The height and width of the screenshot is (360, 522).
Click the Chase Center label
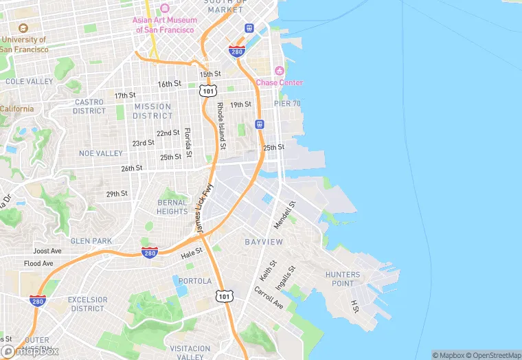pos(279,82)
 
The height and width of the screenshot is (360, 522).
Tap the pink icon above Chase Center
pos(280,71)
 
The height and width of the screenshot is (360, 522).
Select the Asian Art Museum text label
pos(165,25)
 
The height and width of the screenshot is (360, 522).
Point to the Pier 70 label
pos(288,103)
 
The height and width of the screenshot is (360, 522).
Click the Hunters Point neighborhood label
pos(343,279)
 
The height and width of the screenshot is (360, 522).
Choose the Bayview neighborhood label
pos(264,242)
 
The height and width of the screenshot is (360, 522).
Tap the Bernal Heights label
pos(172,207)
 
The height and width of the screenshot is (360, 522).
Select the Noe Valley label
pos(100,153)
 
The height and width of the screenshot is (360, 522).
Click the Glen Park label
pos(91,240)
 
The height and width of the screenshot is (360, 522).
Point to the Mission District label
pos(152,111)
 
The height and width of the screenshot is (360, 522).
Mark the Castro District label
pos(89,106)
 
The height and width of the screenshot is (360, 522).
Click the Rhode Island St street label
pos(220,126)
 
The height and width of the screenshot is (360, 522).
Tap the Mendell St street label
pos(284,214)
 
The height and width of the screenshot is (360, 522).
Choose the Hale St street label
pos(192,254)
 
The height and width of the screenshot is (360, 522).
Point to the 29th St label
pos(116,194)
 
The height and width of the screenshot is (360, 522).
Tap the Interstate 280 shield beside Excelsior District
pos(38,301)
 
